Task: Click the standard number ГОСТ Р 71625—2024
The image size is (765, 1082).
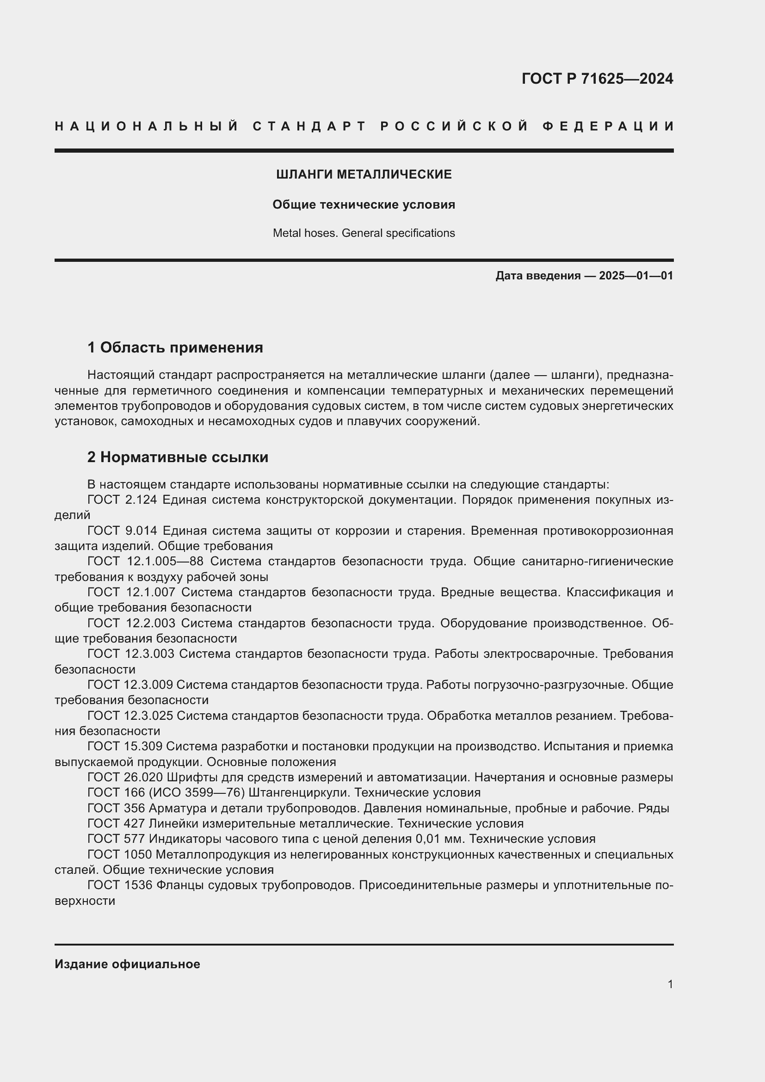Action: [597, 79]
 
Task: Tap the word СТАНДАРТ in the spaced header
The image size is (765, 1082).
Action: [309, 126]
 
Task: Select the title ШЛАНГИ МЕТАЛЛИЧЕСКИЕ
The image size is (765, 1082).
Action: [364, 174]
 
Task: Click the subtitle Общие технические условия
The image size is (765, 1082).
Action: [364, 204]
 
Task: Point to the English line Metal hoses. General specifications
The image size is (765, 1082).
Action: [364, 233]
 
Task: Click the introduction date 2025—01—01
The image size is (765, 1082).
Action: [636, 276]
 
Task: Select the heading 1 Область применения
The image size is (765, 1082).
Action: [175, 347]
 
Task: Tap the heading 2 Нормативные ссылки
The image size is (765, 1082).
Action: [178, 457]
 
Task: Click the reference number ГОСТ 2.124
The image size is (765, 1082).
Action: [122, 500]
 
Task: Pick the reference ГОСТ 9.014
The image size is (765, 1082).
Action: [122, 531]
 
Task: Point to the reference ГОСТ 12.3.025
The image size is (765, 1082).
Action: [130, 715]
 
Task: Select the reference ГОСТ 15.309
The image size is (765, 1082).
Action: [125, 746]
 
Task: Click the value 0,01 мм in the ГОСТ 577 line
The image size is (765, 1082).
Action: [439, 838]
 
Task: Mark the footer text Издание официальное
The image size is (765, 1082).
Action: [127, 964]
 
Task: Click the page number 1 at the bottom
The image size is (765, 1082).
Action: [670, 984]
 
